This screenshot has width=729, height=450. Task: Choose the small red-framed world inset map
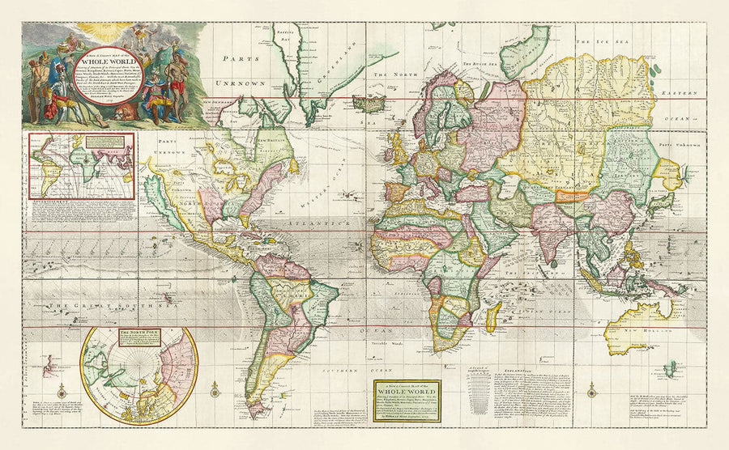(x=81, y=165)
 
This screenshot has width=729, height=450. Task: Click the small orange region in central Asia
(x=572, y=194)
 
